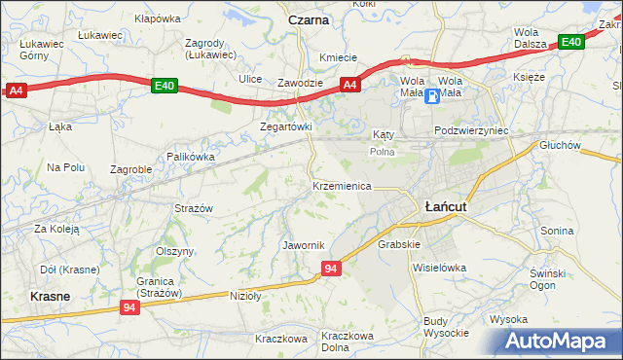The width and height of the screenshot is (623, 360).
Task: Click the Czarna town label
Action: [308, 19]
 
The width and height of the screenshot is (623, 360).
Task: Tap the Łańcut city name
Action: [446, 206]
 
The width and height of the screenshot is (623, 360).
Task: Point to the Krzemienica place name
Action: [342, 185]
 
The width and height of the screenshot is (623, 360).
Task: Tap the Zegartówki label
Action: [285, 126]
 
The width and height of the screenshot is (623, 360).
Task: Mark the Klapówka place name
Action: [158, 18]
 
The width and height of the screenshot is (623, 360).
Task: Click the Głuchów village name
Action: [560, 145]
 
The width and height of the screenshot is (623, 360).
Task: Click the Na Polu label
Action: [66, 167]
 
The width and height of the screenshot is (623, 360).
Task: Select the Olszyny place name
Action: [175, 250]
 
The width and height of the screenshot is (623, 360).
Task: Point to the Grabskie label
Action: [398, 244]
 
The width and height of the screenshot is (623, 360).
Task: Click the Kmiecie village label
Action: [338, 57]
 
